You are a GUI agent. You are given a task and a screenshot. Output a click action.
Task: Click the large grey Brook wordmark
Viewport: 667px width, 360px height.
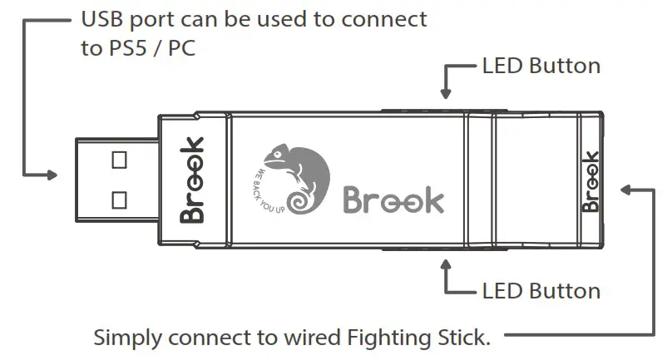coord(393,200)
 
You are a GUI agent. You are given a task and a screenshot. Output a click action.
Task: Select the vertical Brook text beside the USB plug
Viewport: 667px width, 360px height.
coord(192,179)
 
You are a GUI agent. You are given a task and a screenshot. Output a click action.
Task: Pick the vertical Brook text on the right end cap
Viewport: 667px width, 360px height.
coord(590,180)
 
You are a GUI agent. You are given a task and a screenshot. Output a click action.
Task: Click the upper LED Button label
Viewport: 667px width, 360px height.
coord(541,66)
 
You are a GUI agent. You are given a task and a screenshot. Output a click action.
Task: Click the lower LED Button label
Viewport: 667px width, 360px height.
coord(541,291)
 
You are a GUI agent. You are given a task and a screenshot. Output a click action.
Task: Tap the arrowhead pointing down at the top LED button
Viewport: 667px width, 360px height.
coord(447,94)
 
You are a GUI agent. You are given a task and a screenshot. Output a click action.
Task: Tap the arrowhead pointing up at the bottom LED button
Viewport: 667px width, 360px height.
coord(447,264)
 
